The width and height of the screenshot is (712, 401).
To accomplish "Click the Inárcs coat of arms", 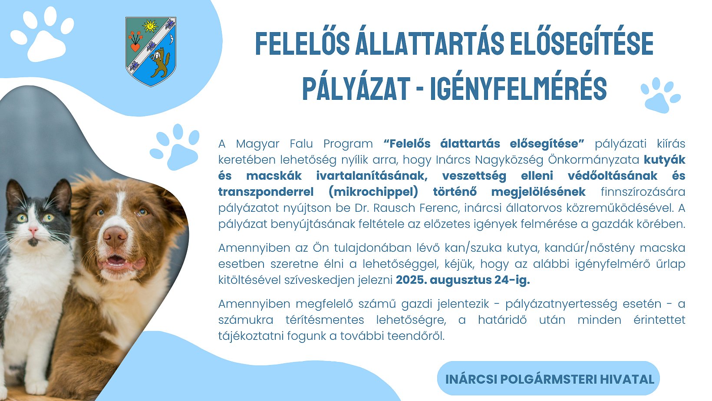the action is click(x=151, y=52).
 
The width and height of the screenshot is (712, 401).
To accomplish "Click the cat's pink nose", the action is click(x=33, y=230).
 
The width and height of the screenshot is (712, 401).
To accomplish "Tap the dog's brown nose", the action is click(x=115, y=237).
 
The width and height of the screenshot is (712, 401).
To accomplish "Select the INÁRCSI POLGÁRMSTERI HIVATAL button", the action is click(x=549, y=378).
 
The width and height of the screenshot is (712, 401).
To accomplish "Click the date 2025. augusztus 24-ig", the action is click(x=463, y=280).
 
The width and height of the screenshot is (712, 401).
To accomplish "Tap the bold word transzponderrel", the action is click(x=266, y=192).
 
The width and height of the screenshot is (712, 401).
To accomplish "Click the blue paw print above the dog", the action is click(x=175, y=147).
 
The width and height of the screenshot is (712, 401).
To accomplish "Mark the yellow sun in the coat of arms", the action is click(x=150, y=26).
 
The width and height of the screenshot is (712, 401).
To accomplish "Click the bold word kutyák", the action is click(x=665, y=160).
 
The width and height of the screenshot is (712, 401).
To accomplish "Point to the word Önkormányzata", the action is click(x=593, y=160).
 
